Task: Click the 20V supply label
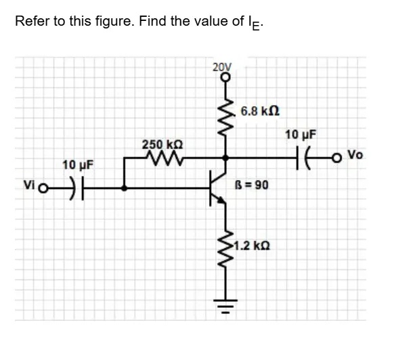coord(221,67)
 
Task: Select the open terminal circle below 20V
coord(225,76)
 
